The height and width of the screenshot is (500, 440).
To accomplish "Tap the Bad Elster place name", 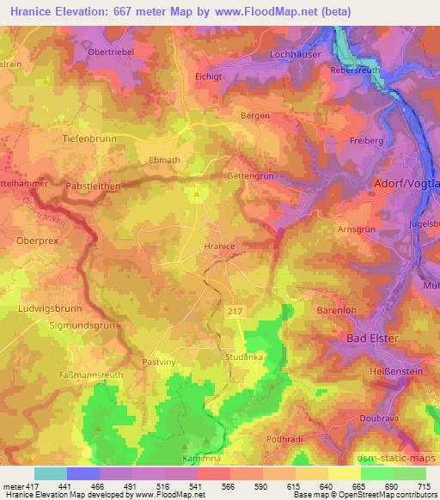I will pyautogui.click(x=372, y=338).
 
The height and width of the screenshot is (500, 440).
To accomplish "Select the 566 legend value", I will pyautogui.click(x=228, y=487).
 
